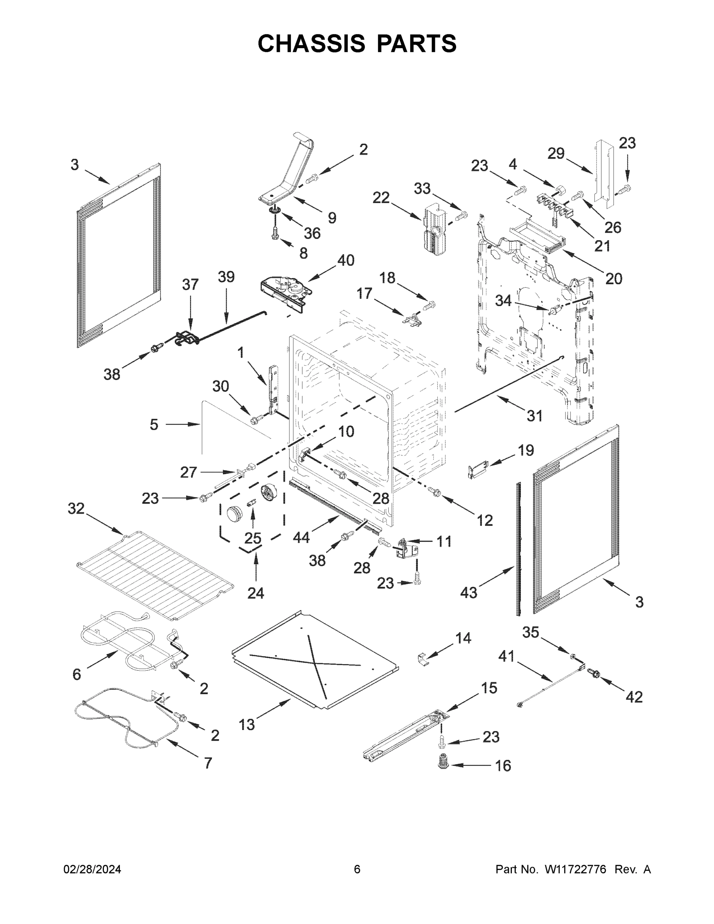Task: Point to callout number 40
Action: pyautogui.click(x=346, y=260)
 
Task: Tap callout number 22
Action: pyautogui.click(x=381, y=198)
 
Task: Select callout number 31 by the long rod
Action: pyautogui.click(x=534, y=416)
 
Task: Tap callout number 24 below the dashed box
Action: pyautogui.click(x=256, y=593)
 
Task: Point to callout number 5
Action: pyautogui.click(x=154, y=424)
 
